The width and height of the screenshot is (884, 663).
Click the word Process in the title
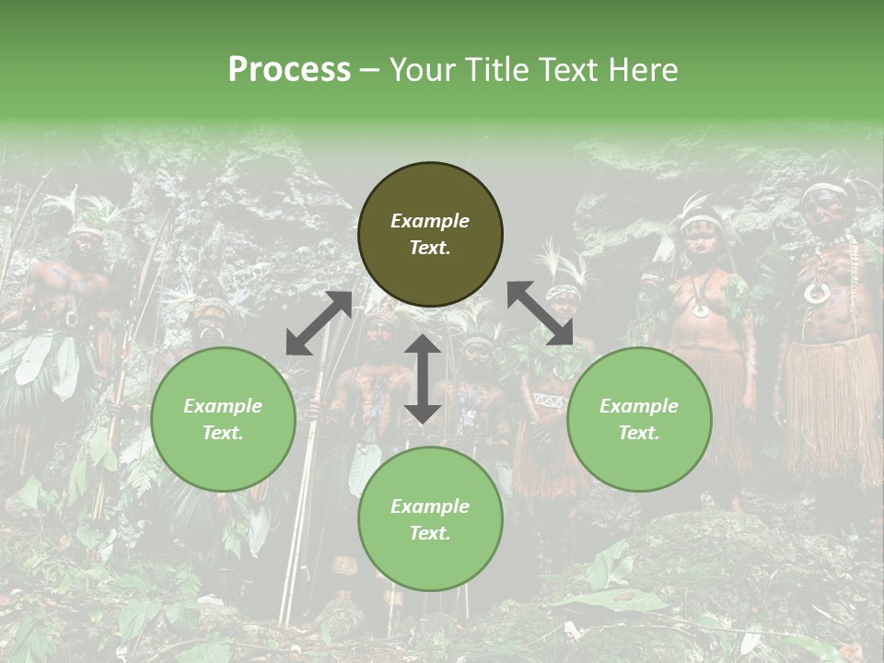pos(289,69)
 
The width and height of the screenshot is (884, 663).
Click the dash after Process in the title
pos(370,70)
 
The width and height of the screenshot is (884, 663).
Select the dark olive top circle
pos(430,234)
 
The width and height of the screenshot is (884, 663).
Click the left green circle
pos(223,419)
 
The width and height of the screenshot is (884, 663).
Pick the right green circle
pos(639,419)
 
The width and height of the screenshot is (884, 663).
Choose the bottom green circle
pos(430,519)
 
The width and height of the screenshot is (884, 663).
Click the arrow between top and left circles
pos(319,323)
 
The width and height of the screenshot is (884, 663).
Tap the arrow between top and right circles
pos(540,314)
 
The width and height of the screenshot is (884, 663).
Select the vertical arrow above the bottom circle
pos(423,378)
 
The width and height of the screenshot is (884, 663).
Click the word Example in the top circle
pos(430,221)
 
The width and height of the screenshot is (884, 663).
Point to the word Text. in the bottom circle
pos(430,533)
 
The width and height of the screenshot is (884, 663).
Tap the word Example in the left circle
pos(223,406)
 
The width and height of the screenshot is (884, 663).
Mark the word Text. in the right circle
pos(639,433)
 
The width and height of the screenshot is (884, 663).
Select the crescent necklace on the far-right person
pos(817,293)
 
